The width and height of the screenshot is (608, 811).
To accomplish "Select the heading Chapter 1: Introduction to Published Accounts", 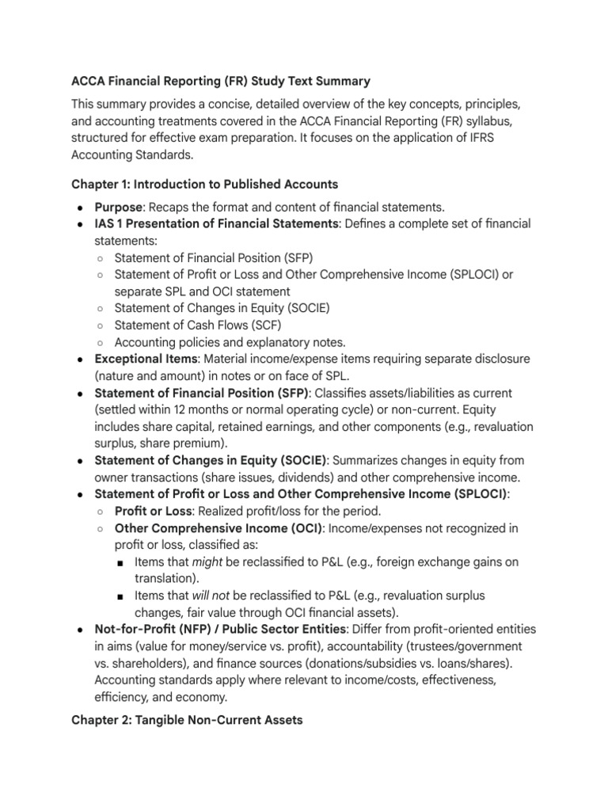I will coord(204,184).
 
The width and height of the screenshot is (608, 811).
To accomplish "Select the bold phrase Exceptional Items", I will coord(144,359).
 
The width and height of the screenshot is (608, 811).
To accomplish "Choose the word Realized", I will coord(225,511).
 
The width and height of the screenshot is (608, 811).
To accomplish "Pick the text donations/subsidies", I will coord(327,663).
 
